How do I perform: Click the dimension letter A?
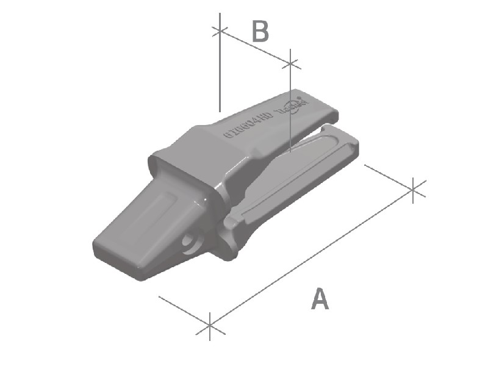[320, 299]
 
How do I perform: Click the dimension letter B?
[260, 31]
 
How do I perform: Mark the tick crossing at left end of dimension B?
[219, 31]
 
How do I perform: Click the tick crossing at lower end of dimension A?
[209, 323]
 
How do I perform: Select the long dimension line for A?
[311, 256]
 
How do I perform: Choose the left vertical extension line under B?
[219, 73]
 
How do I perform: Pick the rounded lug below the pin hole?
[228, 250]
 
